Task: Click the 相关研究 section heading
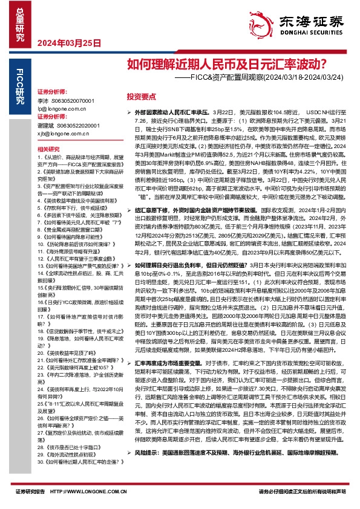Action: (x=48, y=149)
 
